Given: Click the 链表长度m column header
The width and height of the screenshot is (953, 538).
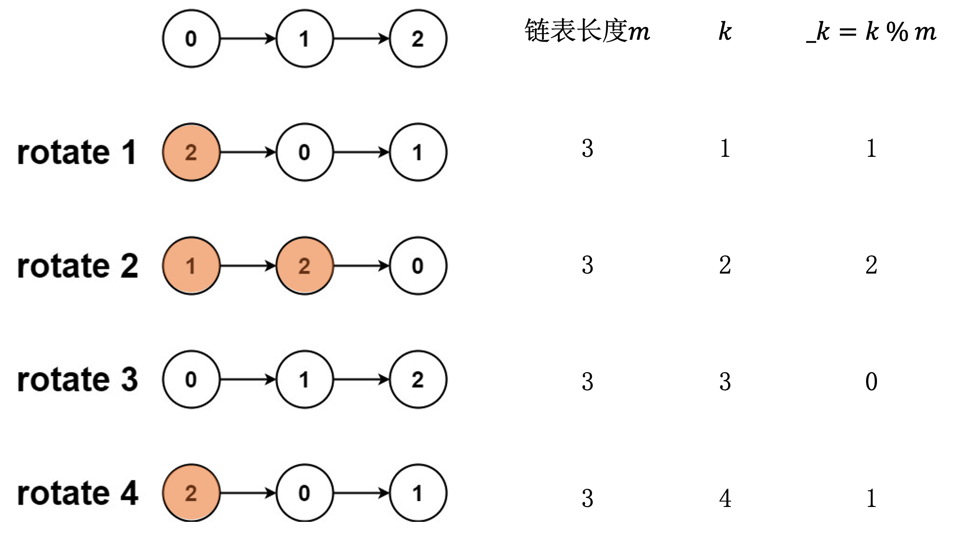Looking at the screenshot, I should point(587,31).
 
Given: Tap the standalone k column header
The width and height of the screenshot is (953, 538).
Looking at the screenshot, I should point(725,31).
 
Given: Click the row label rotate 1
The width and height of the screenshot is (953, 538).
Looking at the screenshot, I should point(77,152).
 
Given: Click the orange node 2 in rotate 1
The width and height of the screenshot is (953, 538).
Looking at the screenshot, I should point(191,152).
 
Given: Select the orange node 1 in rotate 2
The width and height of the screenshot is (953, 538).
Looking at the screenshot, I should point(191,266).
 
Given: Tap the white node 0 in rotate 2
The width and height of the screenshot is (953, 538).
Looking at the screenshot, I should point(418,266).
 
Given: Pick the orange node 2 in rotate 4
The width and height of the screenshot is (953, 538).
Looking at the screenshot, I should point(191,493).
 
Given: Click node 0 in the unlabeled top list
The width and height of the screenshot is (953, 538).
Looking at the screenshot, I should point(191,38).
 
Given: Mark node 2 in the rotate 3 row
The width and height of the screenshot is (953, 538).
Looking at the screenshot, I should point(418,379).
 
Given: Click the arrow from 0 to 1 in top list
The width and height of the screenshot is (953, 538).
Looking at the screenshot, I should point(248,38).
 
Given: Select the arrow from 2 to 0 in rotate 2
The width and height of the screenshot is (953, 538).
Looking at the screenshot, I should point(361,266).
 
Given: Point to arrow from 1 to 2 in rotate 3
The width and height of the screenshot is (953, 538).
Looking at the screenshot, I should point(361,379).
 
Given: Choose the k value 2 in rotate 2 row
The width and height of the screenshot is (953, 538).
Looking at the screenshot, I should point(725,265).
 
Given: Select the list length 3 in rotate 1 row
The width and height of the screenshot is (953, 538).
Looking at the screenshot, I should point(587,148).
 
